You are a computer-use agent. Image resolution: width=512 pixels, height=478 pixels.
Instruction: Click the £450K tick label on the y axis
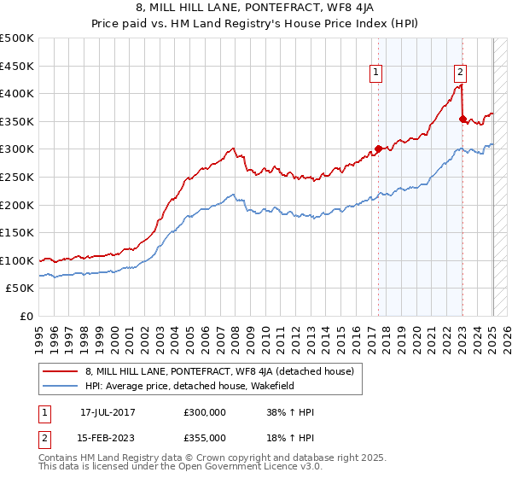click(x=17, y=66)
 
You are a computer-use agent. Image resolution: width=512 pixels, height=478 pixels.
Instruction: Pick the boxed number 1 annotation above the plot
click(x=376, y=73)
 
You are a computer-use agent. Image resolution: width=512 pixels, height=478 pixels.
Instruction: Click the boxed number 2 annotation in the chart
click(x=460, y=73)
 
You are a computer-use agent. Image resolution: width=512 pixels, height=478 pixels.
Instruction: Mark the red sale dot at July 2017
click(x=378, y=149)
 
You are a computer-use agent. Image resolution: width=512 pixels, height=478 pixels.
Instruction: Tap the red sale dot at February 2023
click(x=463, y=119)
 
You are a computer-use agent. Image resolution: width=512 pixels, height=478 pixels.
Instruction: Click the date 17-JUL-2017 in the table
click(x=108, y=411)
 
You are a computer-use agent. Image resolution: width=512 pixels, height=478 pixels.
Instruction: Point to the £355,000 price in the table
click(x=204, y=437)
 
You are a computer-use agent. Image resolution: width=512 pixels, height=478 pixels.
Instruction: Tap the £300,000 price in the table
click(x=204, y=411)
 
